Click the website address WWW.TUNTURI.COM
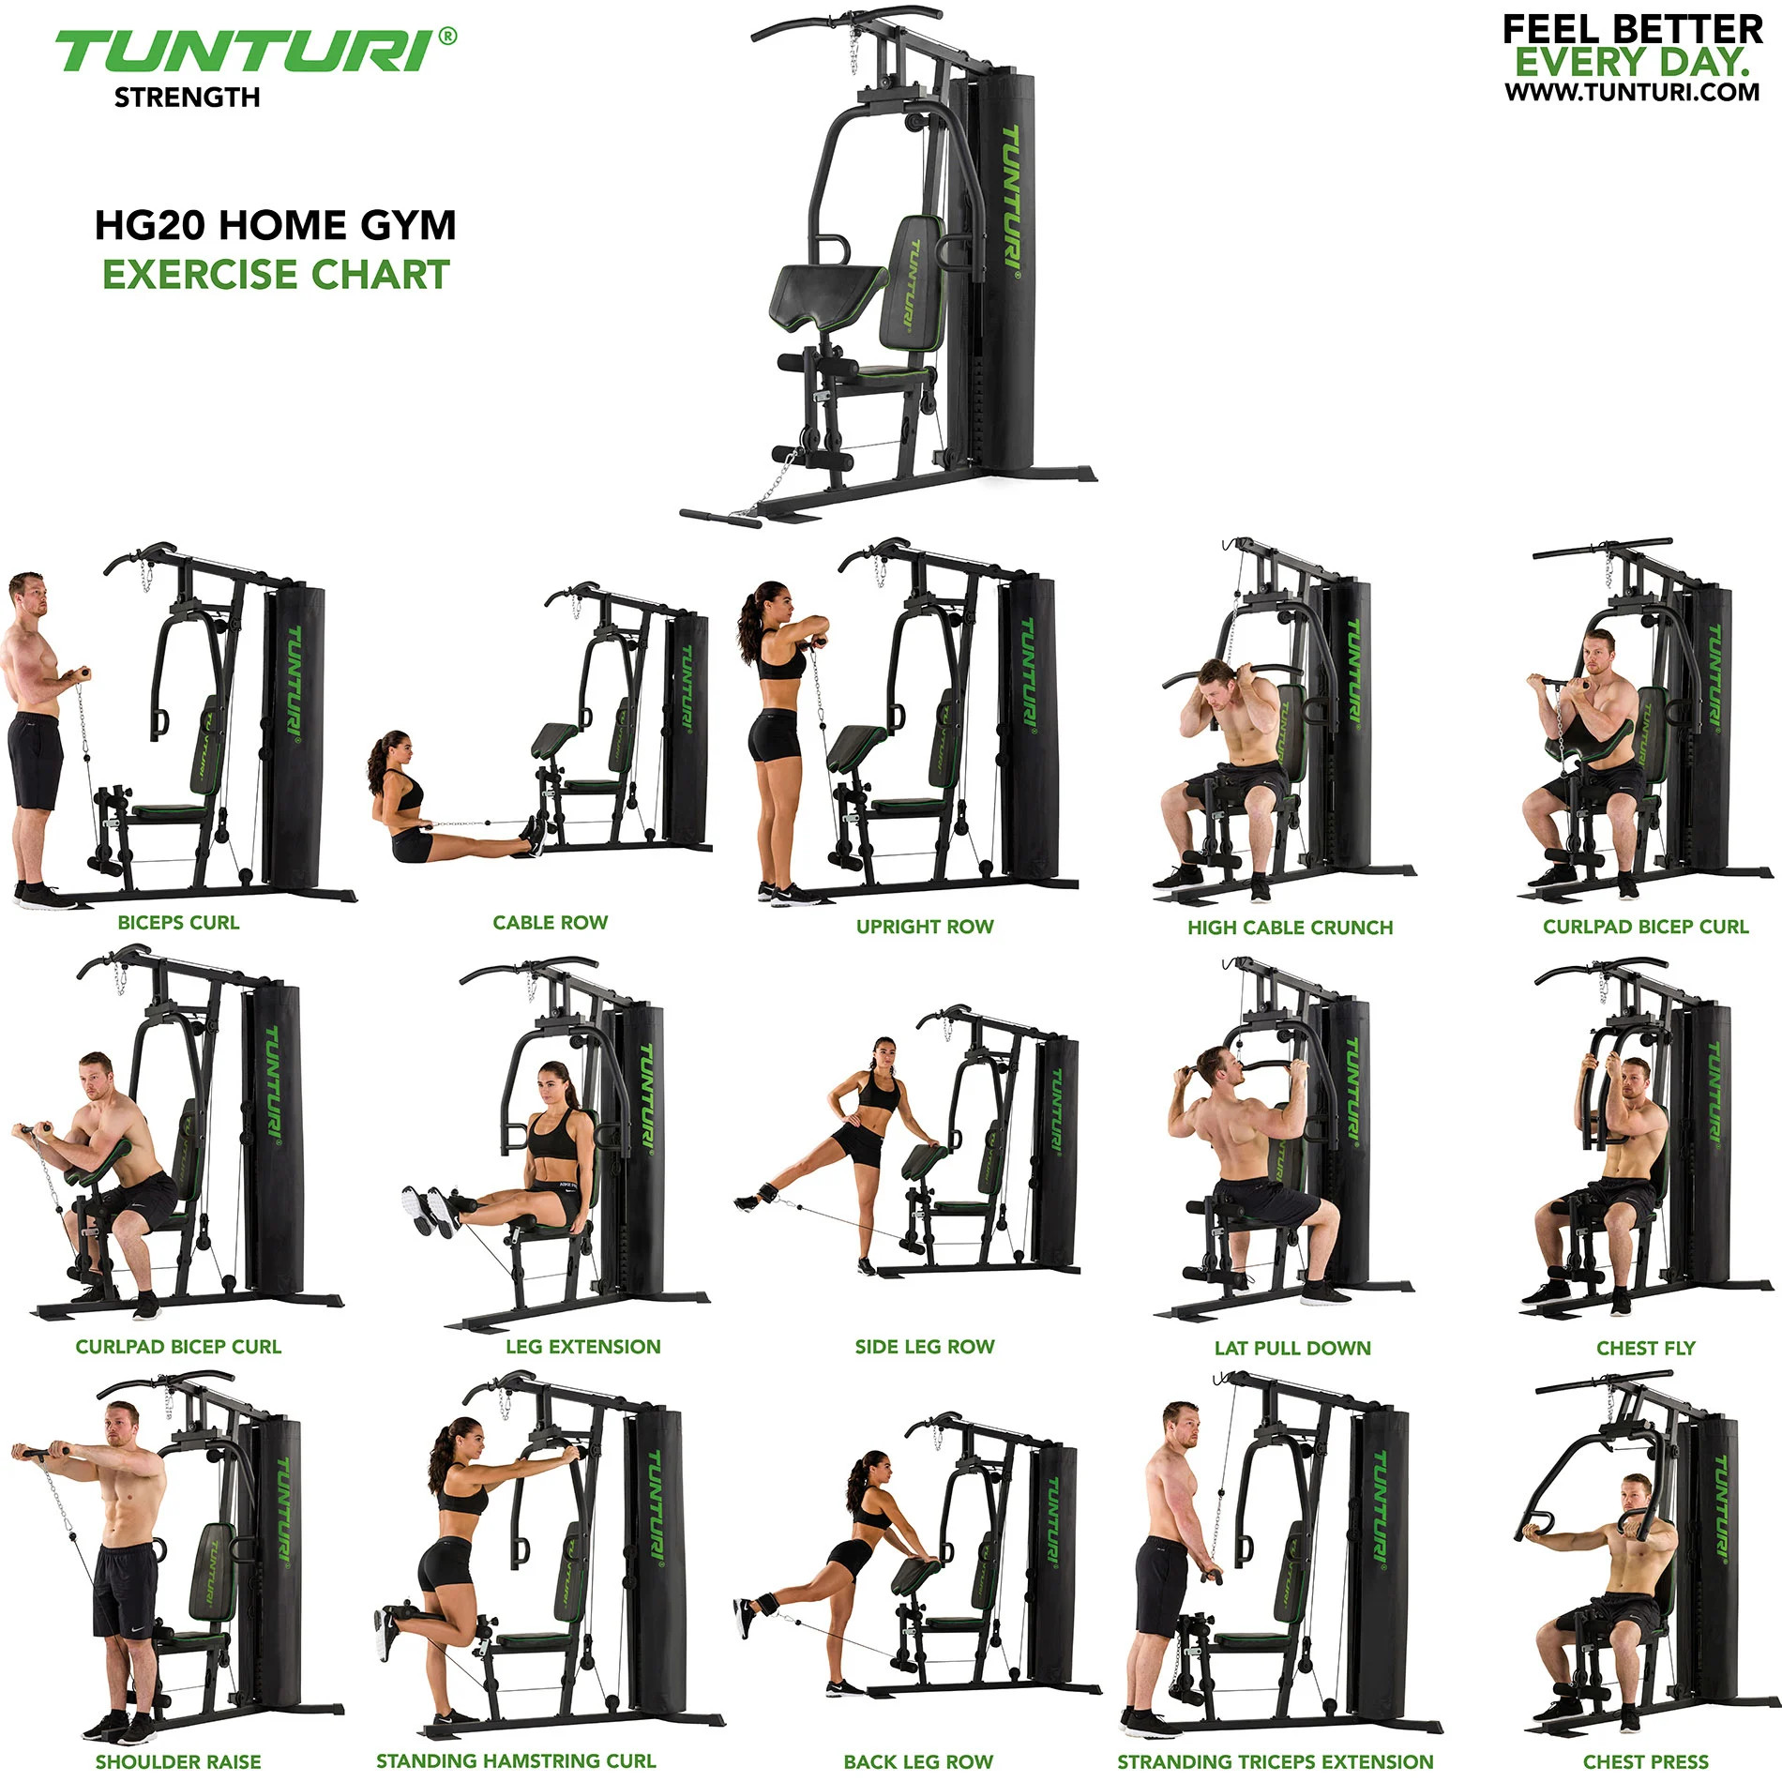1632,92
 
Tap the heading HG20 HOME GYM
275,225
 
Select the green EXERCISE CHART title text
276,275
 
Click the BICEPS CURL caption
178,923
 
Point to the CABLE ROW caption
551,923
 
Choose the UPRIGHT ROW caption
924,927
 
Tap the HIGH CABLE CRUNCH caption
1290,928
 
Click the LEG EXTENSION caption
582,1347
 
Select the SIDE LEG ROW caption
924,1347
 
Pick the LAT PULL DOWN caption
1292,1348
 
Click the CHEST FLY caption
1646,1348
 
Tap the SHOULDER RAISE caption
178,1761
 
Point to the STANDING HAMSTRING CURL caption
516,1761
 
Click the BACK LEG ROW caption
918,1761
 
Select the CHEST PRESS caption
1646,1761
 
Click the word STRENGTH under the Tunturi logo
187,98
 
